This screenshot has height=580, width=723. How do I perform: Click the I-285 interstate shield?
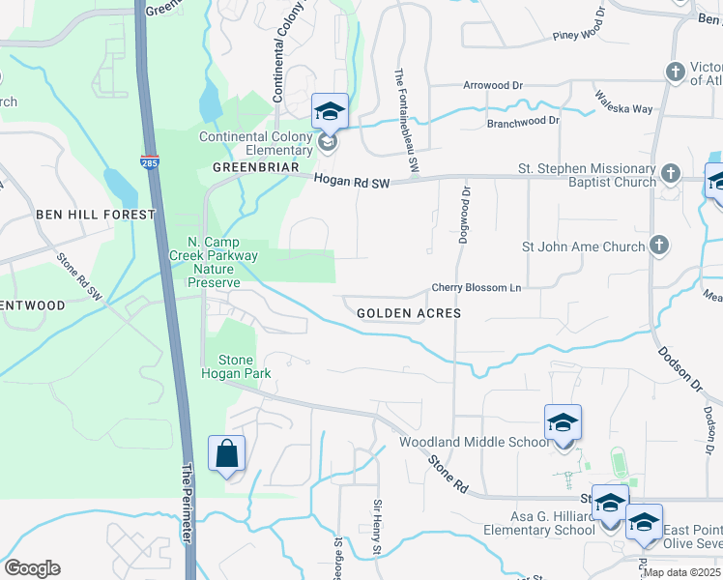tap(150, 162)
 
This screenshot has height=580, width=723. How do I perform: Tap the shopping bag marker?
tap(226, 453)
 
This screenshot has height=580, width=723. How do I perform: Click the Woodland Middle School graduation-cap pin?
tap(563, 423)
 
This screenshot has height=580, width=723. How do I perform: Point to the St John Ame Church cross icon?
tap(659, 246)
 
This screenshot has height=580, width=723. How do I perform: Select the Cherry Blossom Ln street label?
tap(476, 288)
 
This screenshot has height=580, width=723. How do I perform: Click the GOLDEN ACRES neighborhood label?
tap(408, 313)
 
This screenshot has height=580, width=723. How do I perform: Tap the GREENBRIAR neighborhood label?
tap(251, 166)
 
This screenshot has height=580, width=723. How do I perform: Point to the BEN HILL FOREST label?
tap(95, 214)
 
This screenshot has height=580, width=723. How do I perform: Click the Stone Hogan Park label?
tap(235, 366)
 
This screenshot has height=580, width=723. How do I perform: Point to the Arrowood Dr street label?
tap(493, 85)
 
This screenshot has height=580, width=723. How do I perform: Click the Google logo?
tap(33, 568)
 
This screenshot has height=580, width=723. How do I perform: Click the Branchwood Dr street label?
tap(523, 121)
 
